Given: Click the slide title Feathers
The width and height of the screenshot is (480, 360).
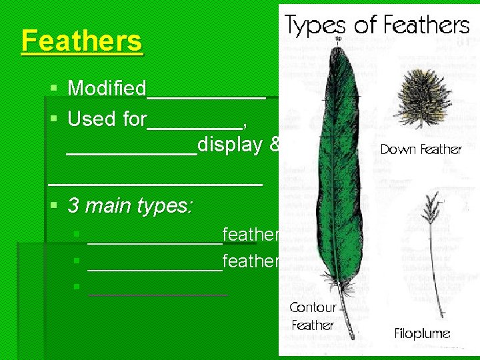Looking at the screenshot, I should pos(81,41).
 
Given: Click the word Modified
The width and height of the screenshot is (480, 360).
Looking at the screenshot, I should pos(107,89).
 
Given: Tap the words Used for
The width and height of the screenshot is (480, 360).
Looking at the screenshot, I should pos(107,119).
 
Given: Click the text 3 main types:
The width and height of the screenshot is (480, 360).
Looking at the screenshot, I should pos(131,205).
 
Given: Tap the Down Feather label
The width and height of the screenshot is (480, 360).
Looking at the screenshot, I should pos(421,149).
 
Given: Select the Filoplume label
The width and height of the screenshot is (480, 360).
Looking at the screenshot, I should pos(422,333).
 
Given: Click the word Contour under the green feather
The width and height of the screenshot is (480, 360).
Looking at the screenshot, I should pos(313,307).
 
